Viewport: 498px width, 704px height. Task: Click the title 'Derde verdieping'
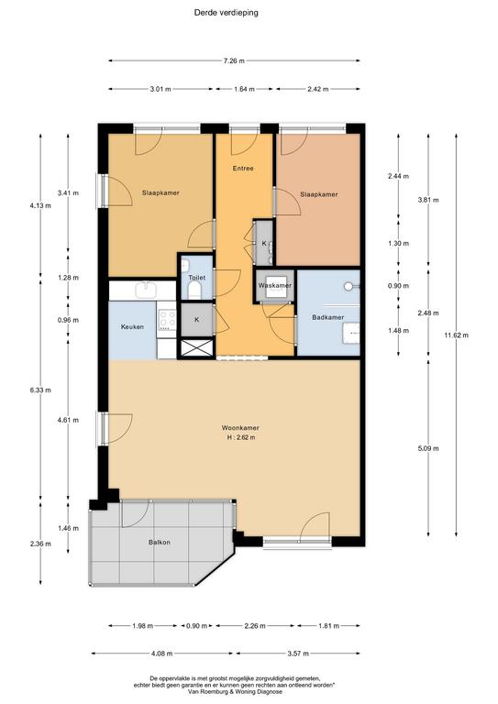click(226, 13)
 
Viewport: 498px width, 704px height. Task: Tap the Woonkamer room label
click(240, 428)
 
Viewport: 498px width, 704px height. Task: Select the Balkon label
click(160, 542)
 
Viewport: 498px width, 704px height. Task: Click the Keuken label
click(132, 327)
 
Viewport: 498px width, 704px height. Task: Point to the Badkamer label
click(327, 317)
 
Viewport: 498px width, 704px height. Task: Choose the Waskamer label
click(275, 285)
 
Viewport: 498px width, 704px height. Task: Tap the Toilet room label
click(196, 278)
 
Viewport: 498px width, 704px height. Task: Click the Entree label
click(243, 169)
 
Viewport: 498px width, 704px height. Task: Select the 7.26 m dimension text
click(234, 61)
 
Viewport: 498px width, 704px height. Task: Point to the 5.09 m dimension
click(428, 448)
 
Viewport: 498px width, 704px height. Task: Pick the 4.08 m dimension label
click(162, 654)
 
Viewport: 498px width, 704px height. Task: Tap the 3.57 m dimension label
click(298, 654)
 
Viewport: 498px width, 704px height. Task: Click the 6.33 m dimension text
click(40, 390)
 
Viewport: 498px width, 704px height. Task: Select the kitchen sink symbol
click(146, 290)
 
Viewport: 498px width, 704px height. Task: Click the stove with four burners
click(167, 320)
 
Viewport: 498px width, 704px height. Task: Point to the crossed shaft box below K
click(196, 348)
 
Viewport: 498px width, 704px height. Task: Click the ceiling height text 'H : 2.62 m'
click(241, 437)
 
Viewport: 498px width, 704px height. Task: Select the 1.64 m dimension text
click(244, 89)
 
